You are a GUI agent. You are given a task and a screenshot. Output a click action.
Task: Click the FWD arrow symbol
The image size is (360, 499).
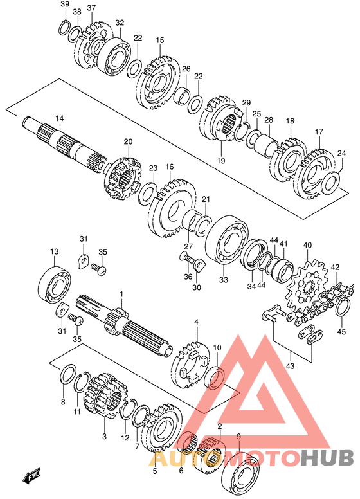tap(32, 476)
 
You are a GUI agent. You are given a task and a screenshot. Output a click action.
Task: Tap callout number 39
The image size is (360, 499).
tap(65, 4)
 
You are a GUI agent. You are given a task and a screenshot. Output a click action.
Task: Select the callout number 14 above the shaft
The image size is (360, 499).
tap(60, 118)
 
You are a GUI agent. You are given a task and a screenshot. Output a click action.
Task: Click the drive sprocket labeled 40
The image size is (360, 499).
tap(305, 284)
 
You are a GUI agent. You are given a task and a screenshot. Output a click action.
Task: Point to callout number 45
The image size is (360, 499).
tap(341, 332)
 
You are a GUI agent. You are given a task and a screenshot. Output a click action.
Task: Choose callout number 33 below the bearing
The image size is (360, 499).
tap(224, 280)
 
